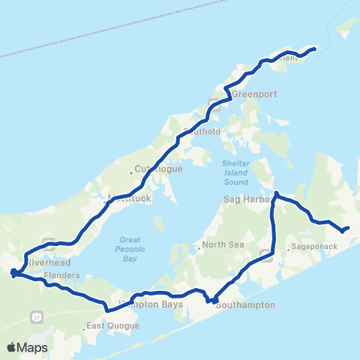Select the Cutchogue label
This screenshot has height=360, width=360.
(x=154, y=169)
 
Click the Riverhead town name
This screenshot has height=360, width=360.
(x=48, y=264)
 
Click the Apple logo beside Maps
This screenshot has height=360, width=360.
(x=11, y=347)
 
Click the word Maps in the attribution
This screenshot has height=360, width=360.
(x=32, y=347)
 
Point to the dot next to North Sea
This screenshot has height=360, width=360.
(x=198, y=244)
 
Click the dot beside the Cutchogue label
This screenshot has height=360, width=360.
(x=131, y=172)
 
